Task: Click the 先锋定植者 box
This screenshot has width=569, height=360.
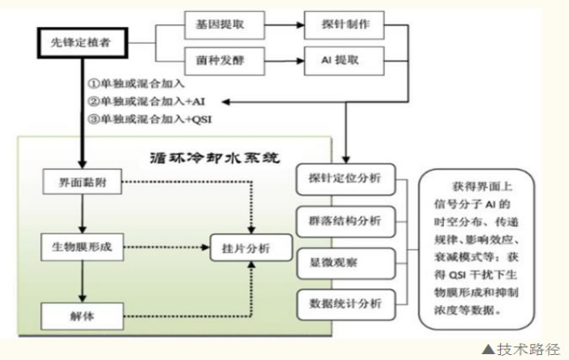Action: (x=82, y=41)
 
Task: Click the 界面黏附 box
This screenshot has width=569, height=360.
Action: (x=82, y=183)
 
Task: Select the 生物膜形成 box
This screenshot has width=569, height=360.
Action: (x=82, y=247)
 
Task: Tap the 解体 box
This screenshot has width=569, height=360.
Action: (x=82, y=317)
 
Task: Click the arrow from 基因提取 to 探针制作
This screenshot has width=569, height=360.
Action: (x=277, y=24)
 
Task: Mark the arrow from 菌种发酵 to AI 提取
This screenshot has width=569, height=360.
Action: (x=277, y=61)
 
